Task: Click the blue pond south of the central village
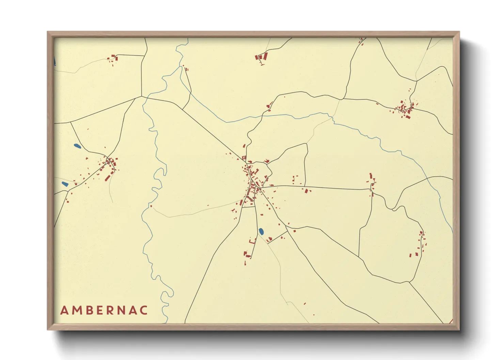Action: [x=261, y=231]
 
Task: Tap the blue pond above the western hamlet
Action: [x=77, y=146]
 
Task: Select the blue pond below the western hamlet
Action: [x=65, y=184]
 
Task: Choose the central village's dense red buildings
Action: [x=252, y=184]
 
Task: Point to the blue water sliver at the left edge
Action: [x=55, y=61]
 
